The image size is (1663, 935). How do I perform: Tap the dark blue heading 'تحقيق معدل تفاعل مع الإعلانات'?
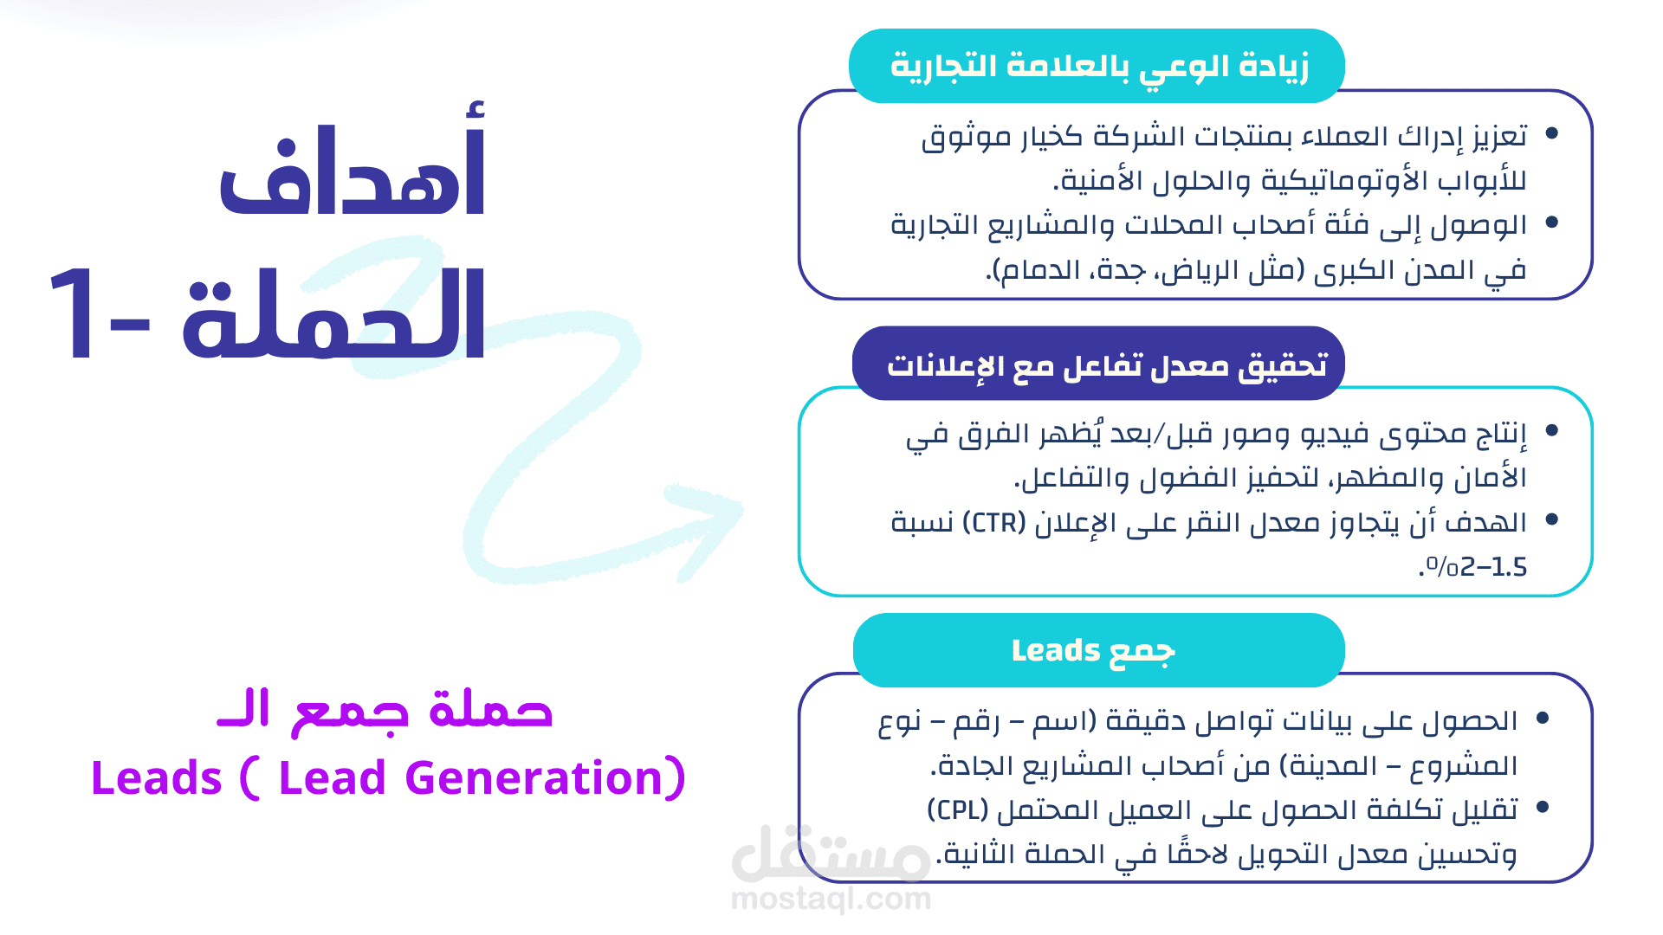click(x=1107, y=365)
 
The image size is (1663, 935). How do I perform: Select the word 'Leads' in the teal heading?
click(x=1055, y=650)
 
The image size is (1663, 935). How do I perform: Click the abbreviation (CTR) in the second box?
click(x=993, y=523)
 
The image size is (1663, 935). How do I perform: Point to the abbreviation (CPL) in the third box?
click(x=958, y=809)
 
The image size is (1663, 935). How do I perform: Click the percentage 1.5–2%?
click(x=1476, y=568)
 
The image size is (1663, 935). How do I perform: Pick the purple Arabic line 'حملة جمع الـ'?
click(x=385, y=711)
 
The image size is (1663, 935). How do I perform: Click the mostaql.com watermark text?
click(x=831, y=900)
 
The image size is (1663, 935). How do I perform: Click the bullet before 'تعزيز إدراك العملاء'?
click(x=1551, y=133)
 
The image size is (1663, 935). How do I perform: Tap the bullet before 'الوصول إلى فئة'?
click(x=1551, y=222)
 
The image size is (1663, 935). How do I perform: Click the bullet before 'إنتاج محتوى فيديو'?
click(x=1551, y=430)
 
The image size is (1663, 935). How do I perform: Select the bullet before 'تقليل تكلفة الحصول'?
click(x=1542, y=807)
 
